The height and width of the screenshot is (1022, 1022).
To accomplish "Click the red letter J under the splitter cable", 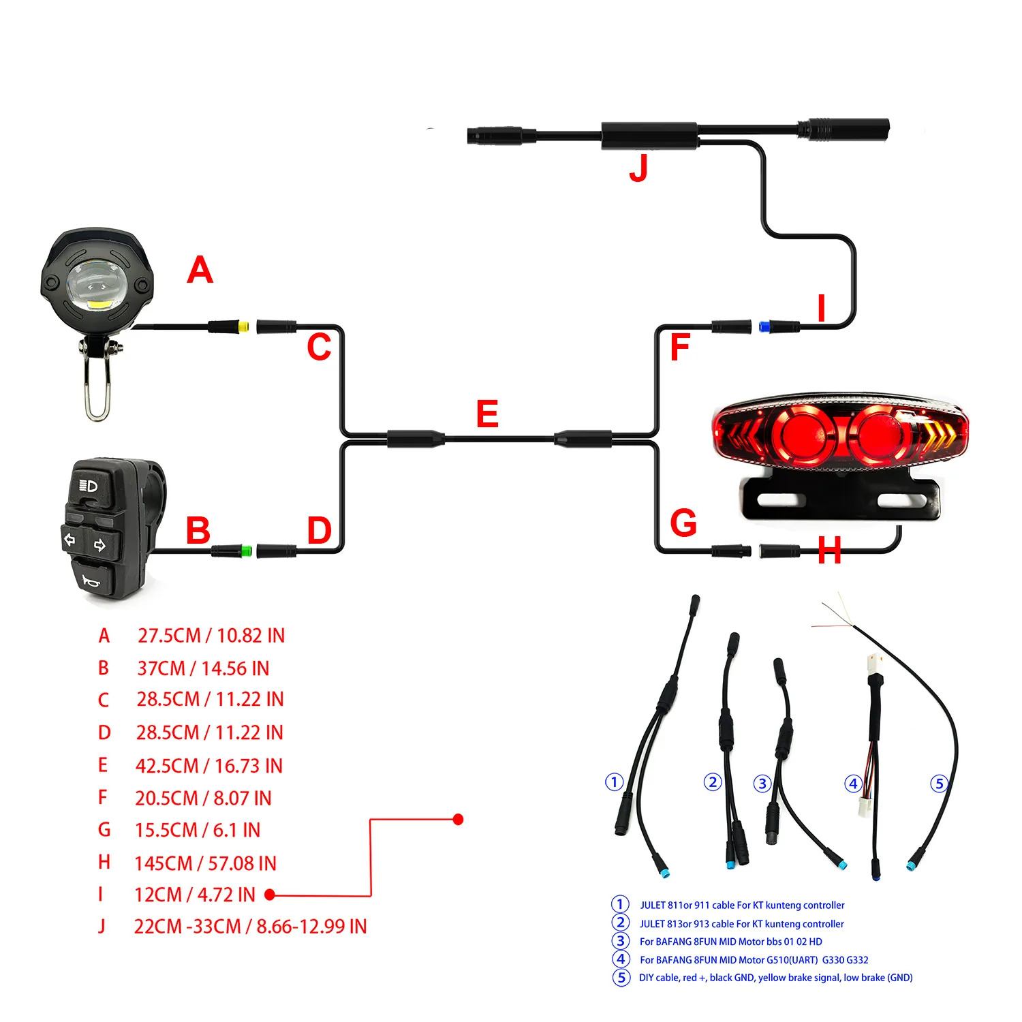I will [x=638, y=168].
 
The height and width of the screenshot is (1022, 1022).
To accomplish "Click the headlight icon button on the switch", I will [x=89, y=486].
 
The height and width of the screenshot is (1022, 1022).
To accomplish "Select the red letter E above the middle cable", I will [x=487, y=414].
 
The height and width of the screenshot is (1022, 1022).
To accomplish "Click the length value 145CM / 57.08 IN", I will [x=205, y=863].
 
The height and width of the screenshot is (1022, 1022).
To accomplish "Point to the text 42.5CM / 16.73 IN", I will [x=208, y=766].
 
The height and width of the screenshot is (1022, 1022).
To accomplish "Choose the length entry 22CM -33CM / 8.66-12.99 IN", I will [x=250, y=927].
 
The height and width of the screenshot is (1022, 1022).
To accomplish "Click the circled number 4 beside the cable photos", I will [x=853, y=784].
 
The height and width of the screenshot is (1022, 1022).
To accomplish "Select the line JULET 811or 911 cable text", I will [x=741, y=905].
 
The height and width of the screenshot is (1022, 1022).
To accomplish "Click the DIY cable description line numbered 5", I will [x=775, y=978].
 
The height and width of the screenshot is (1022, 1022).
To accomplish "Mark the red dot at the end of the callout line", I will [x=458, y=819].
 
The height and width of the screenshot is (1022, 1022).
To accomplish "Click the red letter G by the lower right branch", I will [x=683, y=523].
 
